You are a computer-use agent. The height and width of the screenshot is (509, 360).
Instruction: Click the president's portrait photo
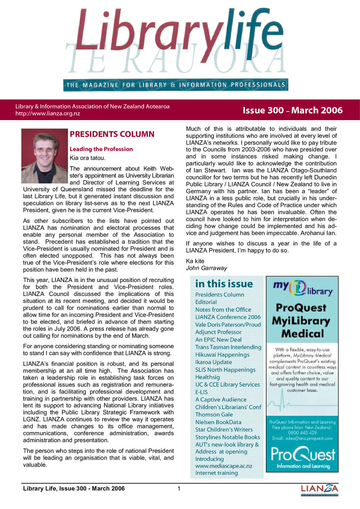(x=45, y=156)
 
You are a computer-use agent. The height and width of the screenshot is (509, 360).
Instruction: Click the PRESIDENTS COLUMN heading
(x=112, y=134)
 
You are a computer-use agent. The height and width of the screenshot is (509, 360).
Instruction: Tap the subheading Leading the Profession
(x=101, y=149)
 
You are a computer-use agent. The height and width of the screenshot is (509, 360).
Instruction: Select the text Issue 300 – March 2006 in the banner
(x=292, y=110)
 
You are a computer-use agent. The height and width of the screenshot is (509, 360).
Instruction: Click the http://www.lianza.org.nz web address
(x=48, y=114)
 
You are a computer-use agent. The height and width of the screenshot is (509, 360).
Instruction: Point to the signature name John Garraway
(x=206, y=268)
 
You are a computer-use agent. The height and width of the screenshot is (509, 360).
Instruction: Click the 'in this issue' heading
(x=224, y=284)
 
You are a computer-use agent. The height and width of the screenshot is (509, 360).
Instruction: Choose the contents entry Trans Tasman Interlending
(x=228, y=347)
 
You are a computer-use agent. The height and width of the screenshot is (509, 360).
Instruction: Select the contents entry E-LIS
(x=201, y=392)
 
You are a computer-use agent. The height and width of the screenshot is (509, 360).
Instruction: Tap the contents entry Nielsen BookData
(x=218, y=422)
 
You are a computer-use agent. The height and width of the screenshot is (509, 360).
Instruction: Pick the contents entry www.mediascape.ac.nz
(x=224, y=466)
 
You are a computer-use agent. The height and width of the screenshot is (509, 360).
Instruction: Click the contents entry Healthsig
(x=207, y=377)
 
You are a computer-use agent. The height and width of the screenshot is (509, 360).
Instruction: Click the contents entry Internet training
(x=216, y=473)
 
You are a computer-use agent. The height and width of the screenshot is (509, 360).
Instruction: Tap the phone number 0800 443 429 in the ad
(x=302, y=433)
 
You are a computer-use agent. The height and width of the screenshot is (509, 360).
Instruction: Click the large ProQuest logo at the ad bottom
(x=302, y=455)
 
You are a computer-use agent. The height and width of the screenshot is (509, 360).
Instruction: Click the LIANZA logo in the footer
(x=319, y=490)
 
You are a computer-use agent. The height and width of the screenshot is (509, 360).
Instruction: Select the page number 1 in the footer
(x=179, y=488)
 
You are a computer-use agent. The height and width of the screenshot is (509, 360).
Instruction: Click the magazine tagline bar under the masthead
(x=176, y=85)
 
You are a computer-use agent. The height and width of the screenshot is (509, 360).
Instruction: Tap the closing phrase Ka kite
(x=195, y=261)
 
